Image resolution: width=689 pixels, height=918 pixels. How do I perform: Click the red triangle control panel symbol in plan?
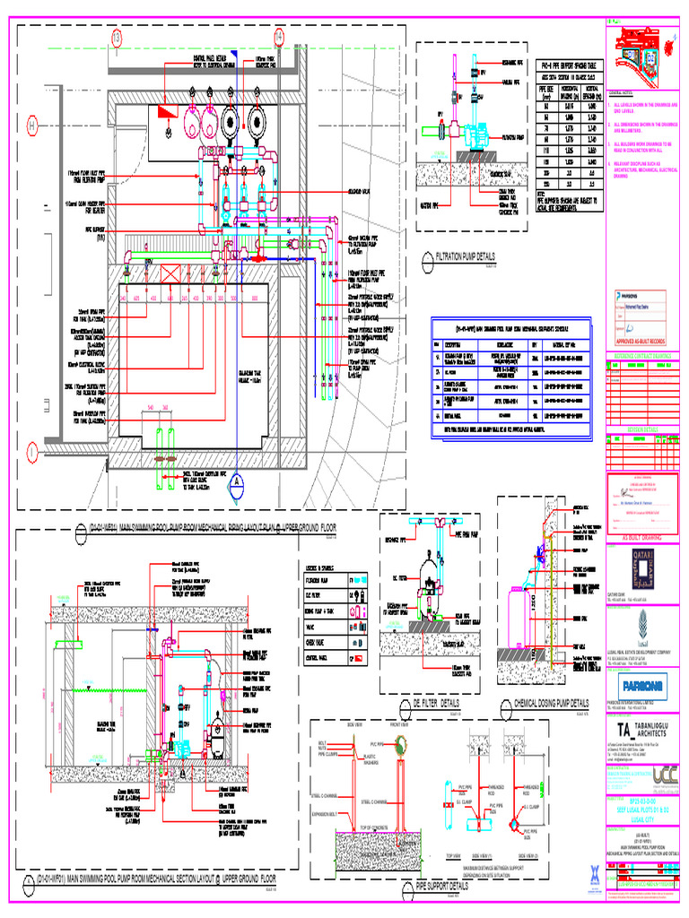[166, 112]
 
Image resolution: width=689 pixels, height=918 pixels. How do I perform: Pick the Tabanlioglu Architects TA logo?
[622, 730]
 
